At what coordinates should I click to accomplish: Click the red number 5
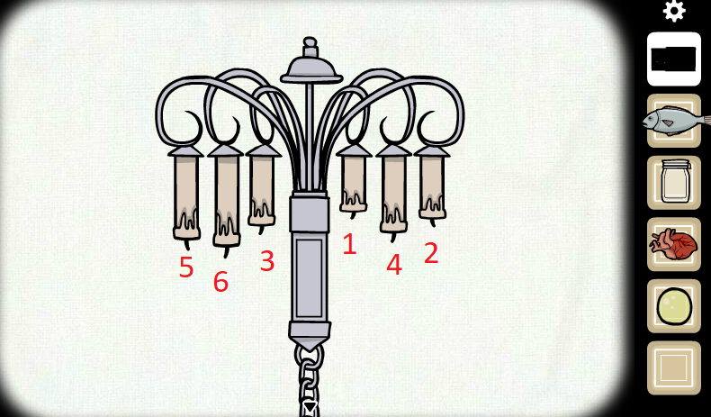tap(186, 267)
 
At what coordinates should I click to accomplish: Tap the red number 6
tap(220, 281)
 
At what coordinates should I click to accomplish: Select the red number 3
tap(267, 261)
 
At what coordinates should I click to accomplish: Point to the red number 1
tap(349, 244)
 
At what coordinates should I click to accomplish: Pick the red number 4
tap(394, 264)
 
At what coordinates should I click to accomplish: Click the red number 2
tap(431, 253)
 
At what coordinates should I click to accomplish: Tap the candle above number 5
tap(186, 197)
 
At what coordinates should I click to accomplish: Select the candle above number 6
tap(226, 201)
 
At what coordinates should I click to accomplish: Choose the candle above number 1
tap(354, 183)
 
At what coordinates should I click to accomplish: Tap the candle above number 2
tap(432, 186)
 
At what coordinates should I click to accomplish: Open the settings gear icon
tap(674, 11)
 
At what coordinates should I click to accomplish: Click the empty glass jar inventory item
tap(675, 181)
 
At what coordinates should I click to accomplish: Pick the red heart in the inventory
tap(673, 245)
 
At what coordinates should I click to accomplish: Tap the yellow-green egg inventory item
tap(674, 306)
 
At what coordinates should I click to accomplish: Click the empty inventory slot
tap(674, 368)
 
